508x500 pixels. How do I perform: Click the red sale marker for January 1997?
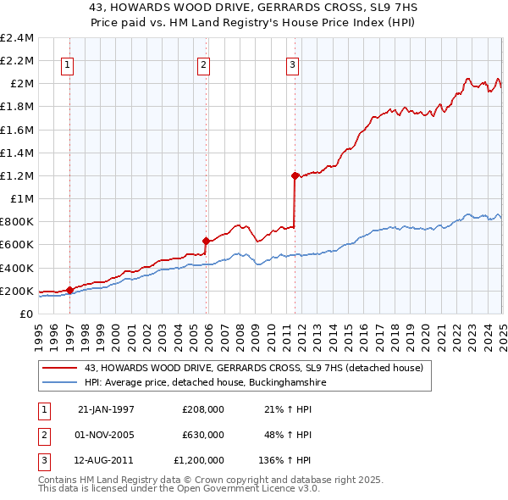[x=69, y=290]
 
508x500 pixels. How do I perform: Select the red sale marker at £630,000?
[x=206, y=241]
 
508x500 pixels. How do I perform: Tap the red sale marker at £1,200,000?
[x=295, y=175]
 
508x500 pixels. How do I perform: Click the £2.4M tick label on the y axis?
[x=17, y=38]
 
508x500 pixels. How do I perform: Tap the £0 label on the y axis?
[x=26, y=314]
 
